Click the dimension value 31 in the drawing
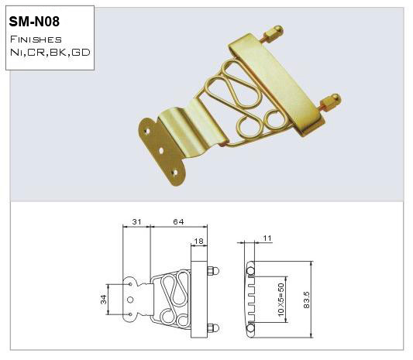pos(136,223)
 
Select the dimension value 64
pos(178,223)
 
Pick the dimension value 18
pos(198,242)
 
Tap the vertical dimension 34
pos(103,299)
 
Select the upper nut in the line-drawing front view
pos(215,271)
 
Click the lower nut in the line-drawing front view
pos(215,326)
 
